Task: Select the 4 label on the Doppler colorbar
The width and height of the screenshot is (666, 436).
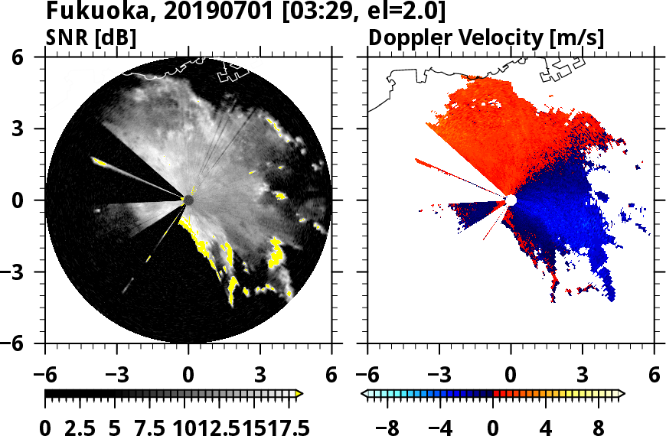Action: (545, 426)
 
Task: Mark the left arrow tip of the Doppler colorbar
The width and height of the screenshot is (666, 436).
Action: (364, 394)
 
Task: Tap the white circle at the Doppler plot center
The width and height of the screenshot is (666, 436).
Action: (511, 200)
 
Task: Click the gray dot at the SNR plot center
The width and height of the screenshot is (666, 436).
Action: (188, 200)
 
